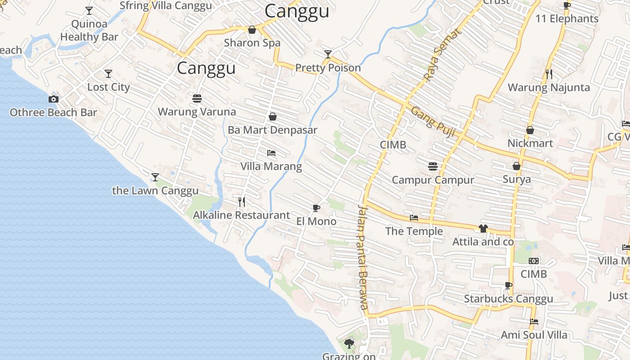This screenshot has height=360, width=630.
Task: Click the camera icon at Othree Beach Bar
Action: (x=54, y=99)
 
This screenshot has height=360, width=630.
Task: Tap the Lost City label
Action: (x=108, y=87)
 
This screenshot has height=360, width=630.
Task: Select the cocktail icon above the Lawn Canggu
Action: (x=155, y=177)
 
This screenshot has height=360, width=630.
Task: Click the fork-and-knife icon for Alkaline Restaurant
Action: (x=242, y=202)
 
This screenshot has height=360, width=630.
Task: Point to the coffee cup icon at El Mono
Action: (x=316, y=207)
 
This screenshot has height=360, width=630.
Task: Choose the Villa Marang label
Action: (x=271, y=166)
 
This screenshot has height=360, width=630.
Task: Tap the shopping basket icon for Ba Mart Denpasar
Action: (x=272, y=117)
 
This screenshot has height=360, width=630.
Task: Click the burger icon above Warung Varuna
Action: (x=197, y=98)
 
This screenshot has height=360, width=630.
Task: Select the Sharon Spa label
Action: (x=252, y=43)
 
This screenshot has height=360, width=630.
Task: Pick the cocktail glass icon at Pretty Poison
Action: (x=328, y=54)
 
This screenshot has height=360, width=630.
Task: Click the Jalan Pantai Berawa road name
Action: (x=363, y=256)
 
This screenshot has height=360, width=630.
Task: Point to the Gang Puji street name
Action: (x=433, y=121)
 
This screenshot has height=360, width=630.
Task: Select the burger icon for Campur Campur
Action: (x=433, y=166)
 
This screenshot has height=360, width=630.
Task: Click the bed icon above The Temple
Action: (x=414, y=218)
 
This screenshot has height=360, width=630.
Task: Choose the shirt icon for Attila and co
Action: (x=483, y=228)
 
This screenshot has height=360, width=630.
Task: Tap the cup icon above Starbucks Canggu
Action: (x=508, y=285)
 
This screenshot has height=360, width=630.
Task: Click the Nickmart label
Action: (x=530, y=143)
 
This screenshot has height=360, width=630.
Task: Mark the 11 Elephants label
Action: (x=567, y=18)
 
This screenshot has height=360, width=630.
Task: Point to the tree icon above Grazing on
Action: (x=349, y=344)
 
